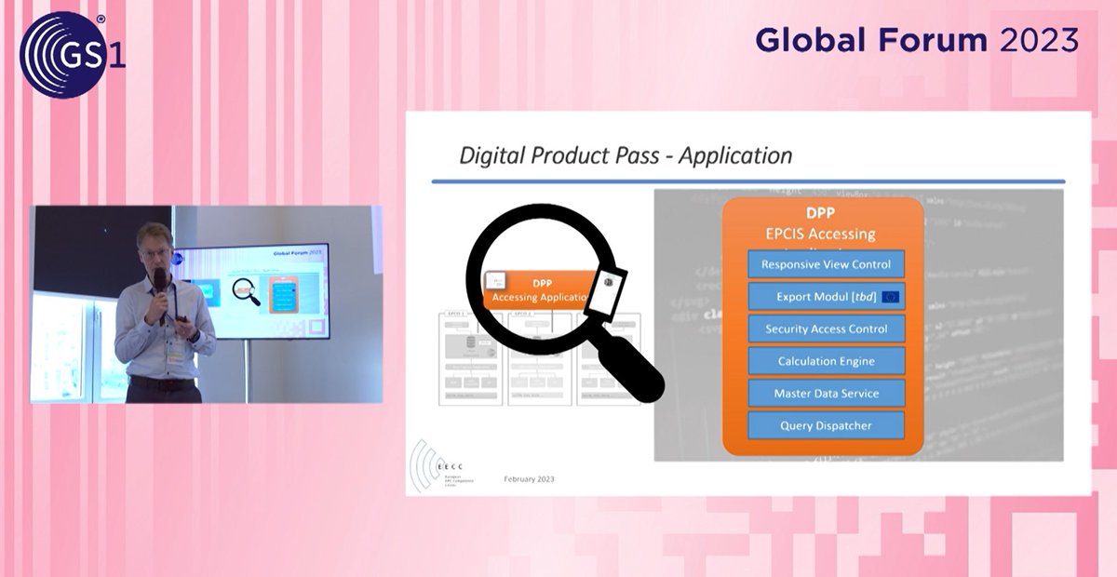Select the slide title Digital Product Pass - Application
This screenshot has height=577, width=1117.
tap(626, 154)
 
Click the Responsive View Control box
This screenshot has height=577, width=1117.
tap(826, 264)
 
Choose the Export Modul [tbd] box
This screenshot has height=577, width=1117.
tap(826, 297)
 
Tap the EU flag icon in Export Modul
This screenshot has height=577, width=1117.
tap(890, 297)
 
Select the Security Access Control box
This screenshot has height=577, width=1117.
tap(826, 329)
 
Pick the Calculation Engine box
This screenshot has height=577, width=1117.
tap(826, 361)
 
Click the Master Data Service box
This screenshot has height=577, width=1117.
tap(826, 394)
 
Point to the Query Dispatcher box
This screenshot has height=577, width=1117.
tap(826, 426)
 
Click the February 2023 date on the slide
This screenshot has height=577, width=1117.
tap(529, 478)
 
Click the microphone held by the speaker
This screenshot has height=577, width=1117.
tap(159, 283)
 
